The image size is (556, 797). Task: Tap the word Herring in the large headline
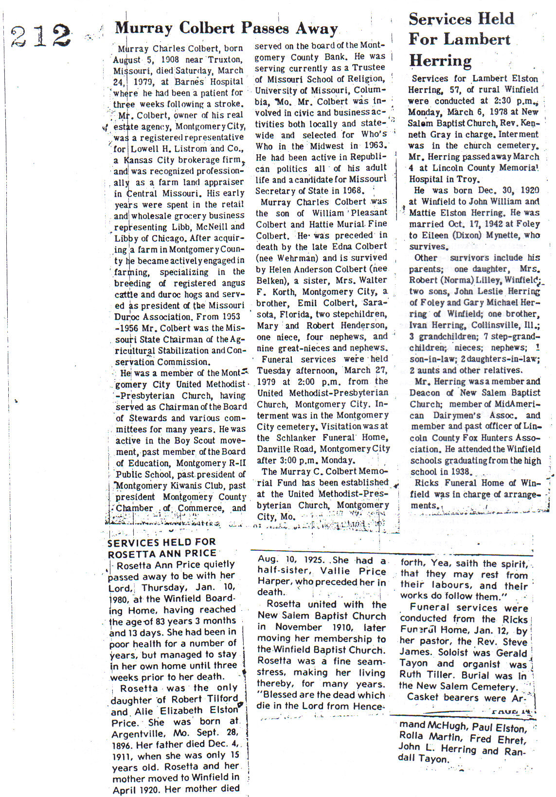pyautogui.click(x=440, y=60)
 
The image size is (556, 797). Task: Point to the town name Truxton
pyautogui.click(x=225, y=60)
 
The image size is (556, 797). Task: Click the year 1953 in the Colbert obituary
pyautogui.click(x=231, y=317)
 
